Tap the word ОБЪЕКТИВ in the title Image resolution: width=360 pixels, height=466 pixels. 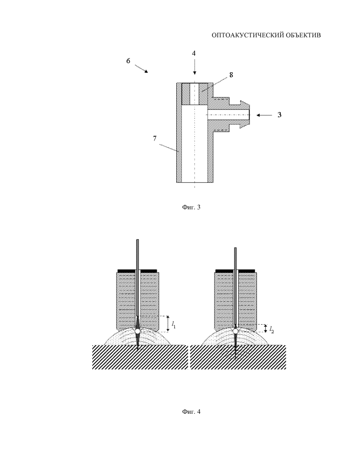coord(303,35)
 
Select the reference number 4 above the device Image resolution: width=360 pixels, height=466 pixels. coord(194,53)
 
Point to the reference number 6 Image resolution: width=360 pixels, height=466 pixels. coord(128,61)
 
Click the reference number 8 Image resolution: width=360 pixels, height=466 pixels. coord(231,75)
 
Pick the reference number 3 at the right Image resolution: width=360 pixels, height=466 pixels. coord(279,115)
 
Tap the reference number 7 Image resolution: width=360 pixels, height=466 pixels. coord(154,139)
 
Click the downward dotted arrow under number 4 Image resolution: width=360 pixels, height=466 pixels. coord(194,67)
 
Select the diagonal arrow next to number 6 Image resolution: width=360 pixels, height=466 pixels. coord(142,69)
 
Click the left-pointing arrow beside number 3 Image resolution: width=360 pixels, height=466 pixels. coord(264,115)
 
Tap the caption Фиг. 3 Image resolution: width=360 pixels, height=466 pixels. coord(191,207)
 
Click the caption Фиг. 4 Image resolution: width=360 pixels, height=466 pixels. coord(191,411)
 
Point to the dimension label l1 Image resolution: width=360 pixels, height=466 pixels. coord(174,325)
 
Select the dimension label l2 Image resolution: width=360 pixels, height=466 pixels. coord(271,329)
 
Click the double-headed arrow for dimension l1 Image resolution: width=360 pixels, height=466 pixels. coord(168,324)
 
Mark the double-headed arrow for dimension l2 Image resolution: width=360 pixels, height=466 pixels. coord(265,328)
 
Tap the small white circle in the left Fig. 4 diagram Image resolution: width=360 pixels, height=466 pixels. coord(138,331)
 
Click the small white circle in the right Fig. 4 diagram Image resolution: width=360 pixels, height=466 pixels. coord(235,331)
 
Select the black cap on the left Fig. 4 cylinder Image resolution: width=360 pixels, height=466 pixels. coord(137,271)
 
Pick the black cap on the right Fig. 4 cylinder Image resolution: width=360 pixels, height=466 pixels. coord(235,271)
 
